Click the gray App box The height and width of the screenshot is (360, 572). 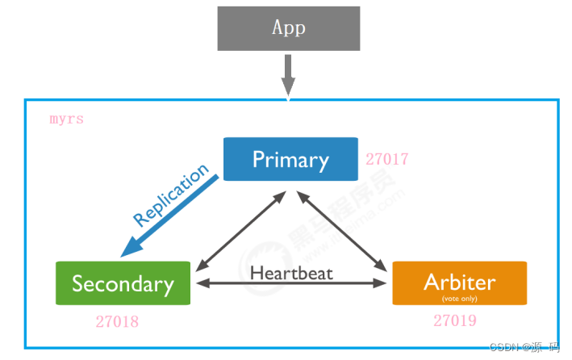click(288, 28)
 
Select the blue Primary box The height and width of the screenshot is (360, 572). click(290, 159)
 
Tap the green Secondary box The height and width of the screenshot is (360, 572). click(123, 283)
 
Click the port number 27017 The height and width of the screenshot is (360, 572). click(387, 159)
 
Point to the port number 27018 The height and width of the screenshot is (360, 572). click(117, 322)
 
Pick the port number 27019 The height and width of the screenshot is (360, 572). click(455, 320)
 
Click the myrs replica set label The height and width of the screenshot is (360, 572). click(66, 119)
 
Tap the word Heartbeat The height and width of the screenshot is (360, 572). click(291, 272)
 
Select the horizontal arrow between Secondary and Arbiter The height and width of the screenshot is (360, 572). click(291, 283)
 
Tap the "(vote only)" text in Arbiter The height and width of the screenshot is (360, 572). click(459, 298)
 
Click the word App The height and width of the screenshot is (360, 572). click(288, 27)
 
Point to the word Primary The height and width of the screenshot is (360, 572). click(290, 159)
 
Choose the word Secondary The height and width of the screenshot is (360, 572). click(123, 283)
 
